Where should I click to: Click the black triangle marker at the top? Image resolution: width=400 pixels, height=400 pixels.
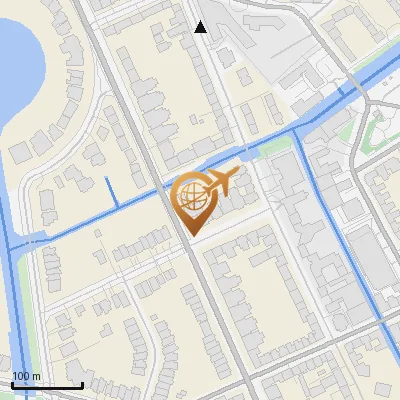(x=201, y=27)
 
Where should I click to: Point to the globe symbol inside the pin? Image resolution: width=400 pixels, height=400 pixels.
(x=191, y=193)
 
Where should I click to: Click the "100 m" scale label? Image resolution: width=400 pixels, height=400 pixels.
(x=26, y=375)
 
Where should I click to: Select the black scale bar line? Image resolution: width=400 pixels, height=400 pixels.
(x=47, y=385)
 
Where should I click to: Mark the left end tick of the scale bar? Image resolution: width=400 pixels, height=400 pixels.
(x=13, y=384)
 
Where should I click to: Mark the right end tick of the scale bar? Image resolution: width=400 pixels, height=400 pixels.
(x=82, y=384)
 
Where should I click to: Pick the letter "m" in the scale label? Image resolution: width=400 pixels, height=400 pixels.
(x=36, y=375)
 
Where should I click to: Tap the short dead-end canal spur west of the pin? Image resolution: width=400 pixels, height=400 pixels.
(x=112, y=192)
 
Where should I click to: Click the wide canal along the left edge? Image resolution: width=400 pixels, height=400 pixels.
(x=7, y=300)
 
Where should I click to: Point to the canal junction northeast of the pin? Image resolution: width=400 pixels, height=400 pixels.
(x=298, y=130)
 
